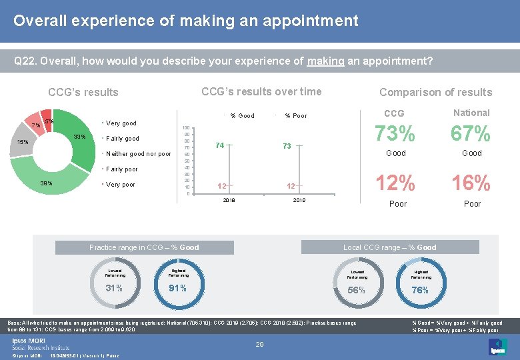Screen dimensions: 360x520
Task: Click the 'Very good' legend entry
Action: click(121, 123)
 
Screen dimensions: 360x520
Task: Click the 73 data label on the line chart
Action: click(287, 146)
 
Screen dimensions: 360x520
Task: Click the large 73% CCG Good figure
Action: click(396, 135)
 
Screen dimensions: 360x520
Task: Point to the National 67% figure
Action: click(471, 135)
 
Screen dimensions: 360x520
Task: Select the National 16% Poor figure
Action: click(471, 183)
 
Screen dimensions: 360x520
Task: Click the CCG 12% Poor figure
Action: click(396, 183)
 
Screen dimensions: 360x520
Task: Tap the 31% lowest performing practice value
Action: click(114, 288)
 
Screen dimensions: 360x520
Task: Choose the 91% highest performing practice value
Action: click(178, 288)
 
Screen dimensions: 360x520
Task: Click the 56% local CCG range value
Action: click(357, 290)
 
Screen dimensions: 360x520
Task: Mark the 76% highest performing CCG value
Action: click(420, 290)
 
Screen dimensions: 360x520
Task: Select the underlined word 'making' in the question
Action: click(325, 61)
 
